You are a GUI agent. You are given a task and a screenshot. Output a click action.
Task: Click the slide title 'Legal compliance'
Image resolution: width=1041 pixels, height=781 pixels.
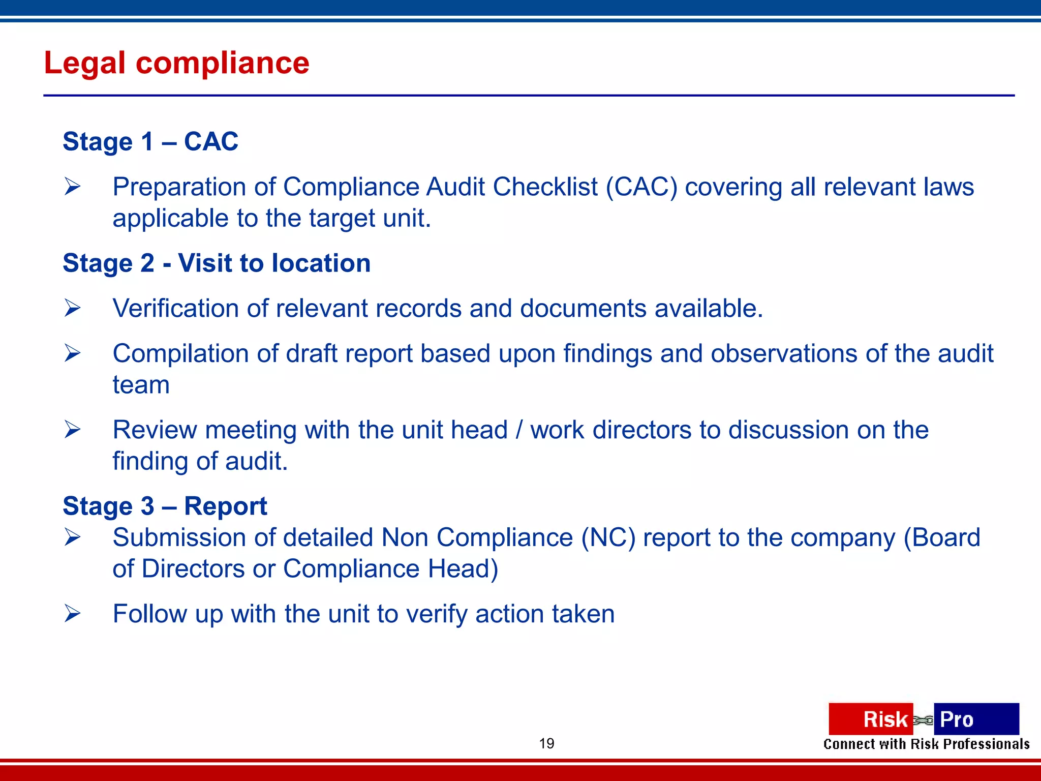[176, 63]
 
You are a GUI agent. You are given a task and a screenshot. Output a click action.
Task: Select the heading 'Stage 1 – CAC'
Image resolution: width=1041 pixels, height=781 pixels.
[150, 141]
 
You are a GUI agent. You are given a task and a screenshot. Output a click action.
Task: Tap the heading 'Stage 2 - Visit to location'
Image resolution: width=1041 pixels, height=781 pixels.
[217, 263]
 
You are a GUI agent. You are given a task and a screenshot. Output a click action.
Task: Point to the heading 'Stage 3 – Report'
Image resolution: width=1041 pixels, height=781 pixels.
[165, 506]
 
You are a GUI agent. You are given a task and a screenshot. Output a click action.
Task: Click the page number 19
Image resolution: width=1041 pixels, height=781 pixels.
[546, 743]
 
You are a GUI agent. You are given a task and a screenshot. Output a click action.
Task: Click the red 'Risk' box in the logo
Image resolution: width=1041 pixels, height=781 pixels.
[870, 719]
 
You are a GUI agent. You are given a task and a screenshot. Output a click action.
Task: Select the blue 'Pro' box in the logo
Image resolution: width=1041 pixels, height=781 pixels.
[976, 719]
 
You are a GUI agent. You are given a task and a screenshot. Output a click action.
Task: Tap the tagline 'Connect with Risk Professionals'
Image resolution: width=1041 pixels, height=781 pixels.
[926, 744]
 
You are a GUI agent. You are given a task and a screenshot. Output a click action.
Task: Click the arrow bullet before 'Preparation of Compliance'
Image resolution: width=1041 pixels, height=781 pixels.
[72, 187]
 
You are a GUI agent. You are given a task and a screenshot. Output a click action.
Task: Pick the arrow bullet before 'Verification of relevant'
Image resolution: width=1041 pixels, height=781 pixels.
[72, 308]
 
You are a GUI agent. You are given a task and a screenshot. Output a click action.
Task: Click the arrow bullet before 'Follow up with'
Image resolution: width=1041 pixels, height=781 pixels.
[72, 614]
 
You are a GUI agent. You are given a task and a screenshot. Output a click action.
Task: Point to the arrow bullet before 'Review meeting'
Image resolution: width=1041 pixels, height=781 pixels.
[72, 430]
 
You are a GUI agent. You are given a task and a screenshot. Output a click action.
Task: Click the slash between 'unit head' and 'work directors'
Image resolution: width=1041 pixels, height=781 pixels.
[519, 430]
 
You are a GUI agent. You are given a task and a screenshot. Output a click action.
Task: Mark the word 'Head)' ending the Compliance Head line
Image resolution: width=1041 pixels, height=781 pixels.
[463, 569]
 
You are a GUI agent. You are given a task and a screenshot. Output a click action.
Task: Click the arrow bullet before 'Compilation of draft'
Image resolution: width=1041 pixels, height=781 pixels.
[72, 353]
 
